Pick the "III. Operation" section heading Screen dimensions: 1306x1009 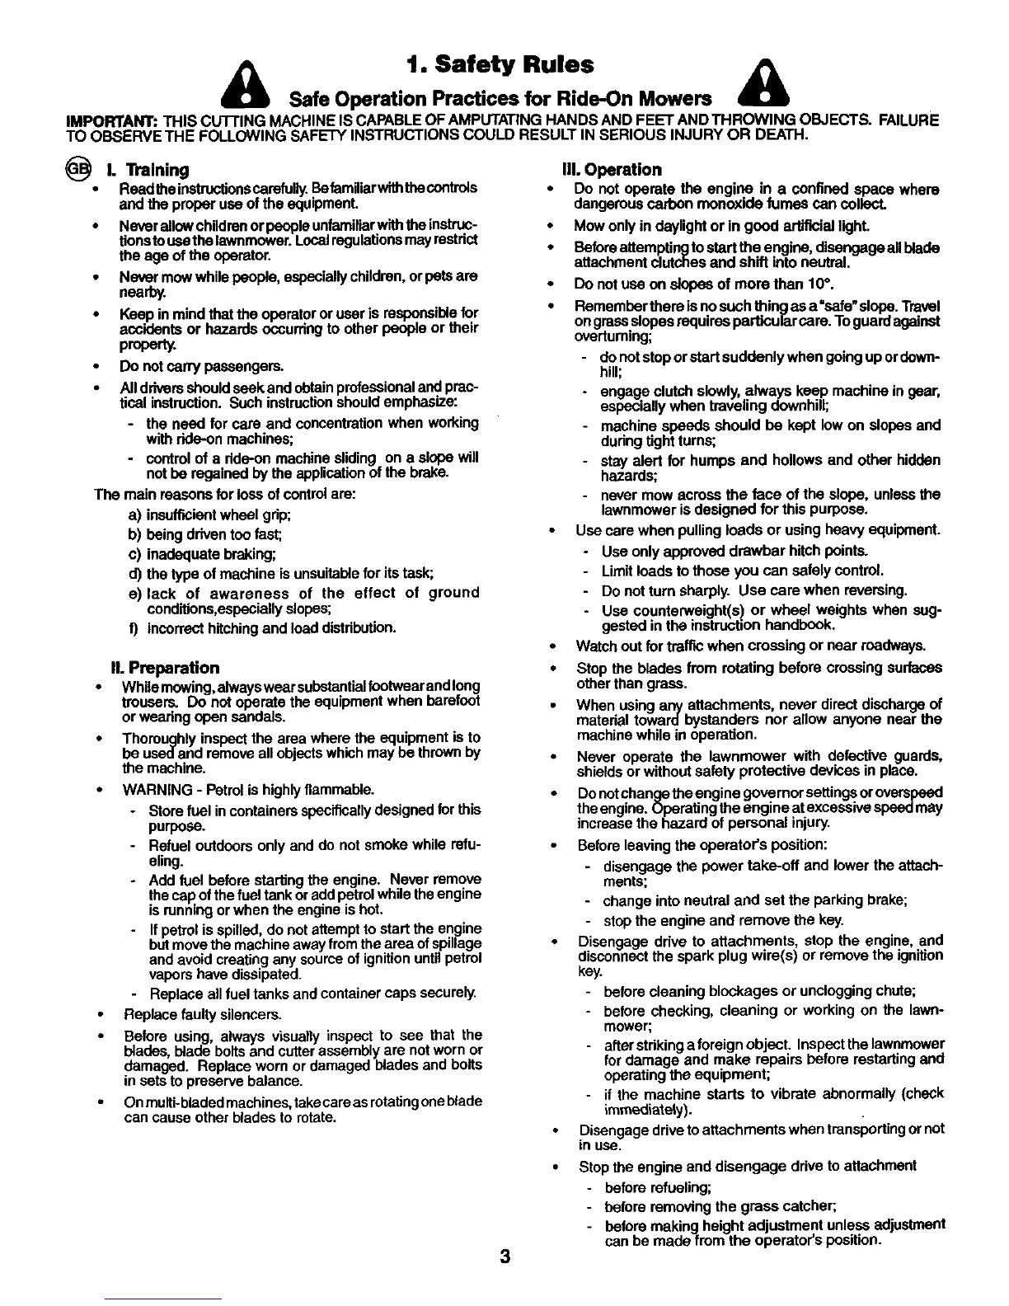tap(611, 169)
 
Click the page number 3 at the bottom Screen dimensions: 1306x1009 tap(504, 1257)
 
